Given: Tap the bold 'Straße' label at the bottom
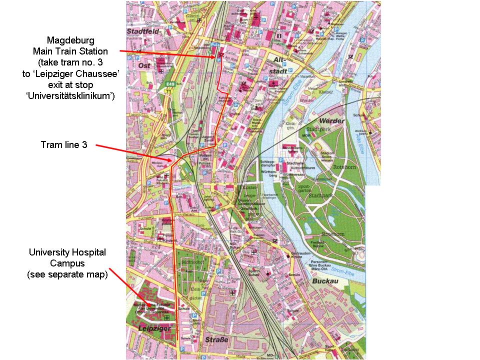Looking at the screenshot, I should (x=216, y=340).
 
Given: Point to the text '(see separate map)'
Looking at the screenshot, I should (x=67, y=274).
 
